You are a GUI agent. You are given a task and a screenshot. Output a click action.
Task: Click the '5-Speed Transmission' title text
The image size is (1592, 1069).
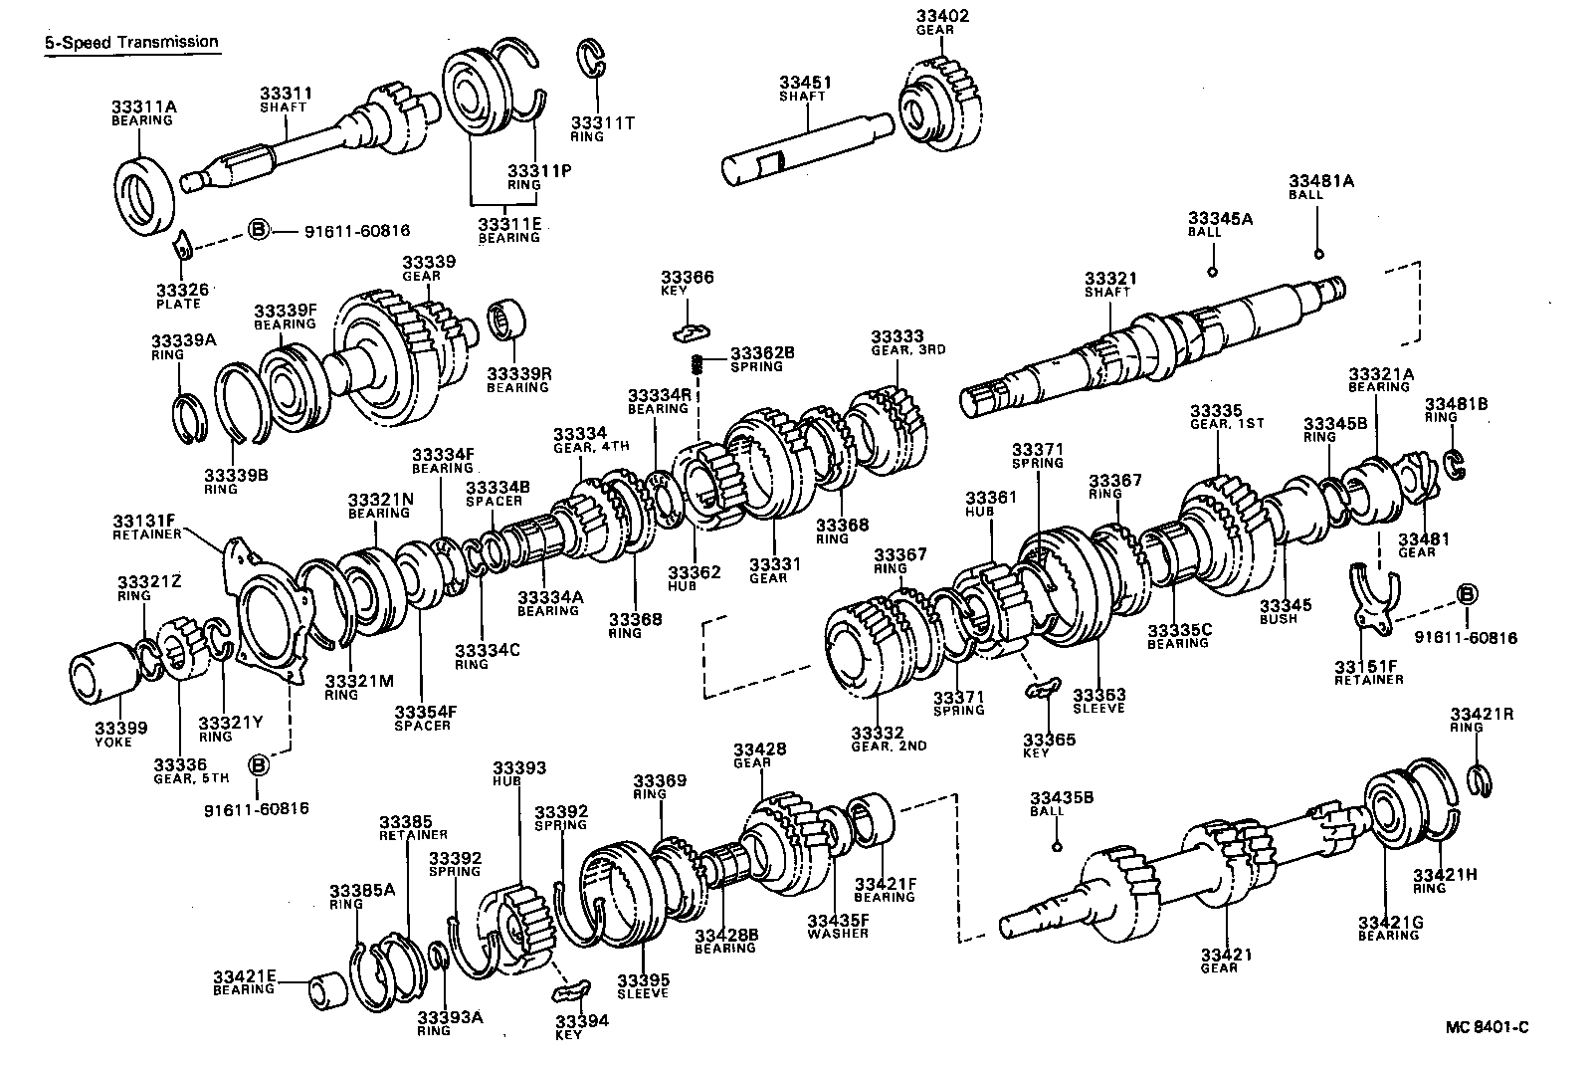click(x=130, y=42)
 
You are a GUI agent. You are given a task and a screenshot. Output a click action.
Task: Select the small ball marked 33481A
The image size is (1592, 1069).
click(x=1318, y=253)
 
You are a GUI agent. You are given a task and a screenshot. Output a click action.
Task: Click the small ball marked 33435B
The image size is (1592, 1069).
click(x=1056, y=847)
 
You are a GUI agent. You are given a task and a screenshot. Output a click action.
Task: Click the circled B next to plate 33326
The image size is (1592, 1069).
click(x=258, y=230)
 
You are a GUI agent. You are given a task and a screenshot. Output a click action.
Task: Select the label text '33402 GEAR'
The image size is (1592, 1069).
click(x=940, y=22)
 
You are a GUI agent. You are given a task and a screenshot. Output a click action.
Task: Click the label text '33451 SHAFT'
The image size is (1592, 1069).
click(x=804, y=89)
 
